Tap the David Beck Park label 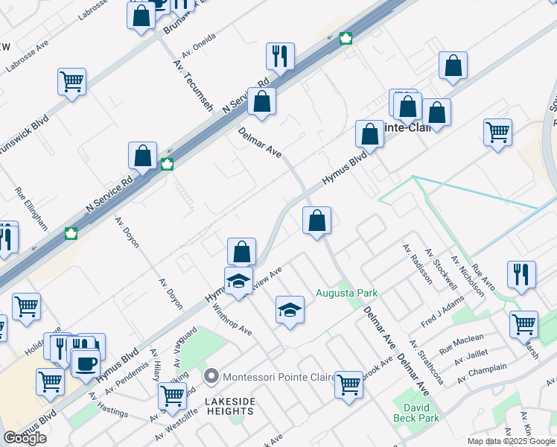(x=416, y=413)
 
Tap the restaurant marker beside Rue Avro (x=521, y=274)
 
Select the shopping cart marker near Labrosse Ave (x=71, y=81)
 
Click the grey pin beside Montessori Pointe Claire (x=211, y=377)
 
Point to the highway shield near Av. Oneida (x=346, y=39)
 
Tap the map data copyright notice (x=511, y=441)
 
